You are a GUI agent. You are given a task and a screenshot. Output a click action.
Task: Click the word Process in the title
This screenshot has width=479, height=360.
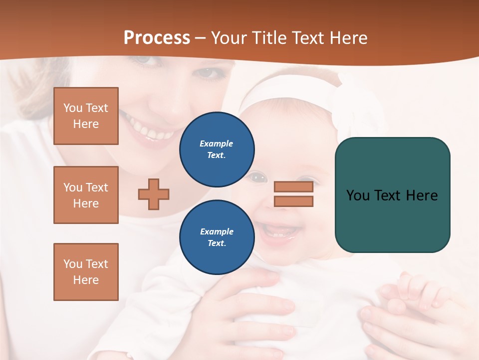point(157,38)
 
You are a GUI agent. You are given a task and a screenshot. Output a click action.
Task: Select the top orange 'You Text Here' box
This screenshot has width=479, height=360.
point(86,116)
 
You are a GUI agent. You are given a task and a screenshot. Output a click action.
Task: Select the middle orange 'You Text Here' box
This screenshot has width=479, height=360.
point(86,195)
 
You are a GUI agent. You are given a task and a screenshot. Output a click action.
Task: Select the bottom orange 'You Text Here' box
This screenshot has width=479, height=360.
point(86,271)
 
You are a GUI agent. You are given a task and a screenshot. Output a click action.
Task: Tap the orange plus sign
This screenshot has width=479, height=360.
point(154,194)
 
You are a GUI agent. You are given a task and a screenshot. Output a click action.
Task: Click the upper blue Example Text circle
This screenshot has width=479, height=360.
point(217,149)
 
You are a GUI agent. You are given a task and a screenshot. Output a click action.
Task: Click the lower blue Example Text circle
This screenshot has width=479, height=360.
point(217,237)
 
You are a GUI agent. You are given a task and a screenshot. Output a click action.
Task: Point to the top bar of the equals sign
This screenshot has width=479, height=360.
point(293,187)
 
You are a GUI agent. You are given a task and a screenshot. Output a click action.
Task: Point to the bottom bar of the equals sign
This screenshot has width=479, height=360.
point(293,201)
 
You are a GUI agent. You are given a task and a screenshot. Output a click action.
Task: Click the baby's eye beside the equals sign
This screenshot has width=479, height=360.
point(257,176)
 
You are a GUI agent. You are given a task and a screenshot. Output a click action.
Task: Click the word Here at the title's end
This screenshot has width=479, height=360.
point(346,38)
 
